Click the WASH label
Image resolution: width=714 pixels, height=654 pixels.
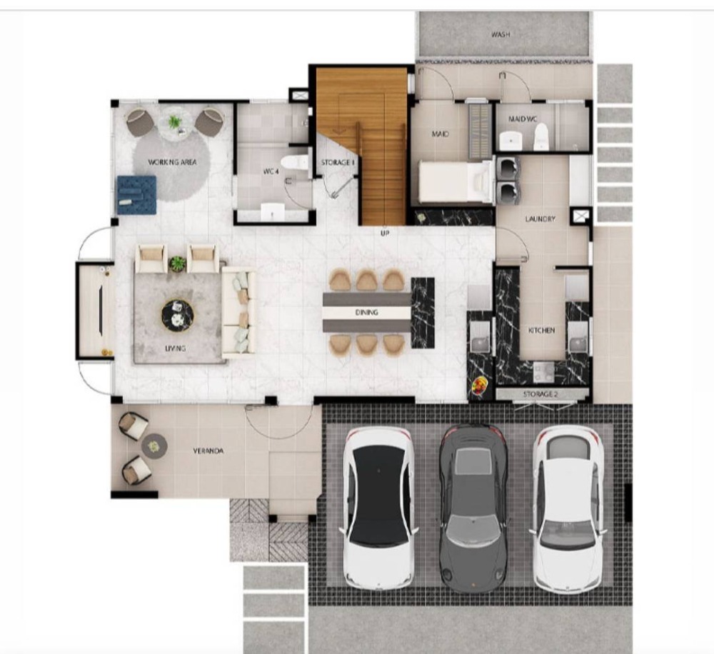501,34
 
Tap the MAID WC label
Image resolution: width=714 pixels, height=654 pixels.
523,119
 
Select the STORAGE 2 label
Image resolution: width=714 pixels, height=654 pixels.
540,394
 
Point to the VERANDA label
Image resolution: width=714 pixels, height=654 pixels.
208,451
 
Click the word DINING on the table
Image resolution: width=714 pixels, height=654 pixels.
366,313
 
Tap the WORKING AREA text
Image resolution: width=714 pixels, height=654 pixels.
172,162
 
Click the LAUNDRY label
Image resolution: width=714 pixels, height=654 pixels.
540,219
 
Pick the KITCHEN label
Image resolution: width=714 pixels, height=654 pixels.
541,330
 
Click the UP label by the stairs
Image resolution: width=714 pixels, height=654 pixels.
385,233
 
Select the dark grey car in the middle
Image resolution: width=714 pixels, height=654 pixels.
473,508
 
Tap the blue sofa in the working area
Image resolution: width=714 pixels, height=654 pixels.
136,195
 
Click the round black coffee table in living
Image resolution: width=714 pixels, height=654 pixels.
178,316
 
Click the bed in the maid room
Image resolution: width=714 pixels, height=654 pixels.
456,182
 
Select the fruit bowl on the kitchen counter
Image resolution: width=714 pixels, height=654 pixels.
478,386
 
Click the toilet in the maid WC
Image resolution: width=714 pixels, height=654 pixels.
540,136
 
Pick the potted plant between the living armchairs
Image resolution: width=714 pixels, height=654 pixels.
177,263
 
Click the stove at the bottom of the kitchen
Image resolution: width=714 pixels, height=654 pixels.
543,373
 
